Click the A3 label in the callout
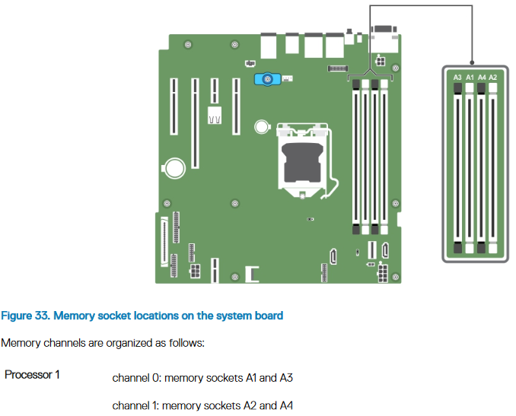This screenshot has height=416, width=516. [x=457, y=78]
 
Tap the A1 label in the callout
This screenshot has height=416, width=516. [x=470, y=78]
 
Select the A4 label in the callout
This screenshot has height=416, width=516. [x=482, y=78]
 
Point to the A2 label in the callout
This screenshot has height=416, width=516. [x=493, y=78]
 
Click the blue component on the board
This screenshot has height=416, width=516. [x=268, y=80]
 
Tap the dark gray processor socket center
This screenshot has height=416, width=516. [x=302, y=163]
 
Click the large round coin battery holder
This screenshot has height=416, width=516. [x=174, y=168]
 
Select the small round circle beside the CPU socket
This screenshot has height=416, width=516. [x=262, y=126]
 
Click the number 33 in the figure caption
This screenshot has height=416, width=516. [x=42, y=316]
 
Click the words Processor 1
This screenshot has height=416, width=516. [x=32, y=375]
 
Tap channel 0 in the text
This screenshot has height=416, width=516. [x=136, y=378]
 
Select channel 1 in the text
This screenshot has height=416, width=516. [x=135, y=405]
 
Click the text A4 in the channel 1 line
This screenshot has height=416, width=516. [x=286, y=405]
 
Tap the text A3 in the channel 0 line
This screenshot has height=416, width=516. [x=286, y=378]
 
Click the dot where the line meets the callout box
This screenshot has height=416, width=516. [x=472, y=62]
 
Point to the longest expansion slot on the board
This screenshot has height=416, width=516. [x=195, y=123]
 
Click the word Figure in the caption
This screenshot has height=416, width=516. [x=17, y=316]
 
